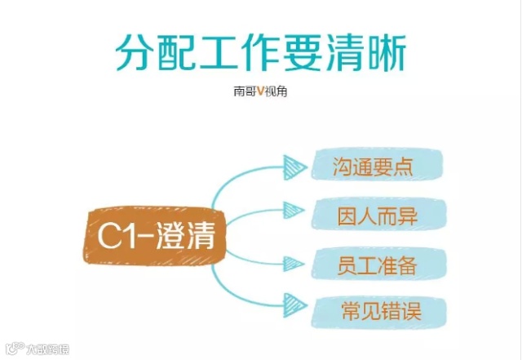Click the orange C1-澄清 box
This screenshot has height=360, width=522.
(x=155, y=236)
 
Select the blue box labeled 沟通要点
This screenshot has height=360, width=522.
(x=374, y=168)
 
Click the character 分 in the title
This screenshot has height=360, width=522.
(x=134, y=54)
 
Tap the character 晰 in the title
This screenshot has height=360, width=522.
(x=387, y=54)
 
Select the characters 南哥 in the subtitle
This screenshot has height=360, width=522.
(x=246, y=91)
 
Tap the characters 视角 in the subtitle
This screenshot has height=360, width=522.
(x=276, y=91)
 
